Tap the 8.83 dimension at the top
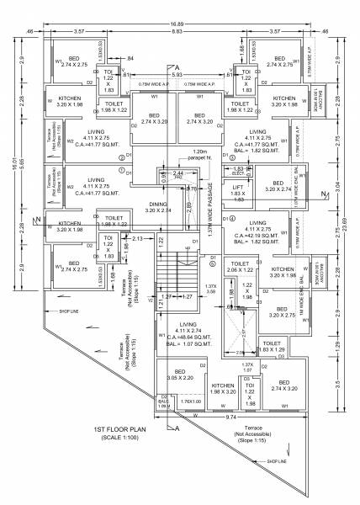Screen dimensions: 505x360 tap(177, 33)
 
